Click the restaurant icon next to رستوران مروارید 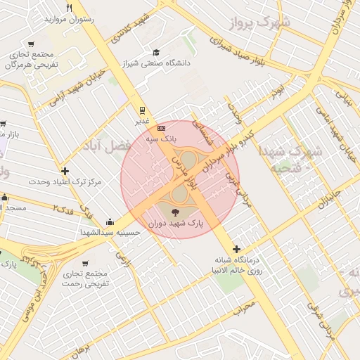point(69,8)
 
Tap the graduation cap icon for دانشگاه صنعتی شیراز point(156,52)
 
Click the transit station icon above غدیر point(143,110)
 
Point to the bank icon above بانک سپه point(161,129)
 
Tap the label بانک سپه point(160,139)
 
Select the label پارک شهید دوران point(176,223)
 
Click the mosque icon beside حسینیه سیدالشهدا point(109,221)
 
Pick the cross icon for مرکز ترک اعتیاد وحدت point(65,171)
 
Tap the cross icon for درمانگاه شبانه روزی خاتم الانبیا point(236,249)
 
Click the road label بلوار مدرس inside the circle point(181,167)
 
